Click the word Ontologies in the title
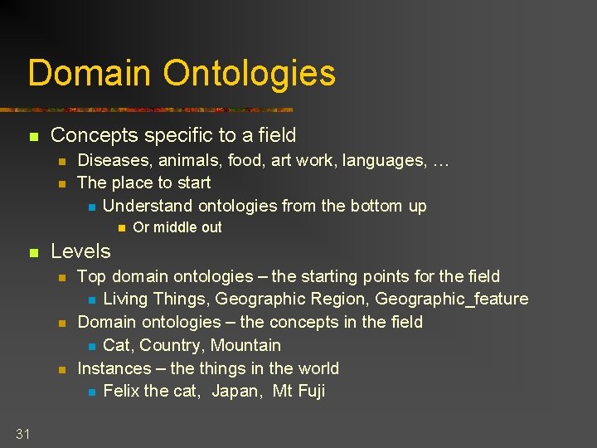[x=250, y=73]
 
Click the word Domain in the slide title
[x=91, y=73]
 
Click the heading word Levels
[x=80, y=251]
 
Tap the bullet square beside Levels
[x=33, y=252]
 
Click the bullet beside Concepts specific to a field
[x=33, y=136]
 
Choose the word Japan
[x=236, y=392]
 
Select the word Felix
[x=123, y=392]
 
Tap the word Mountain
[x=245, y=345]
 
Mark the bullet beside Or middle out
[x=120, y=228]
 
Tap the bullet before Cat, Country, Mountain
[x=91, y=346]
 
